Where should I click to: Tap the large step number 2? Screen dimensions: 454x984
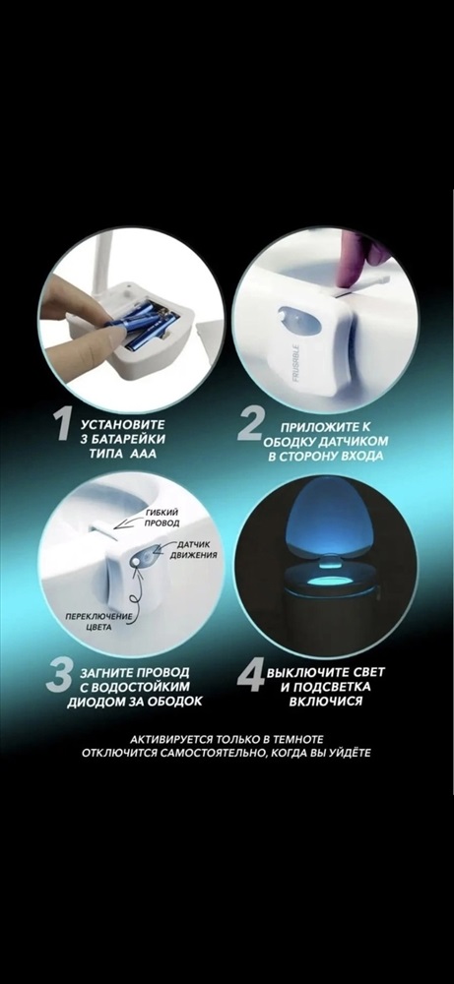tap(250, 425)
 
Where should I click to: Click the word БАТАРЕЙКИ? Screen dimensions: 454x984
tap(129, 439)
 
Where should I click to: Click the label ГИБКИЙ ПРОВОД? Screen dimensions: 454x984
tap(162, 519)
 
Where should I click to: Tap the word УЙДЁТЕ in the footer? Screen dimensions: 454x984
tap(349, 752)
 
